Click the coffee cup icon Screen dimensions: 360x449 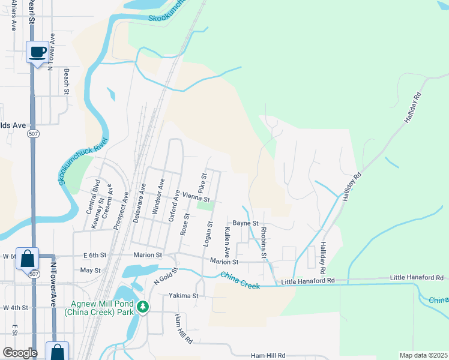point(37,52)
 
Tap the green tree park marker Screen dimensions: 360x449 point(143,307)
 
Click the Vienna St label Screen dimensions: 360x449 point(196,197)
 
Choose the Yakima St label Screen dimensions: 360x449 point(184,296)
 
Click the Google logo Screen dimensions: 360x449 point(20,353)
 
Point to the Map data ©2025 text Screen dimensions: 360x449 point(423,355)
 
